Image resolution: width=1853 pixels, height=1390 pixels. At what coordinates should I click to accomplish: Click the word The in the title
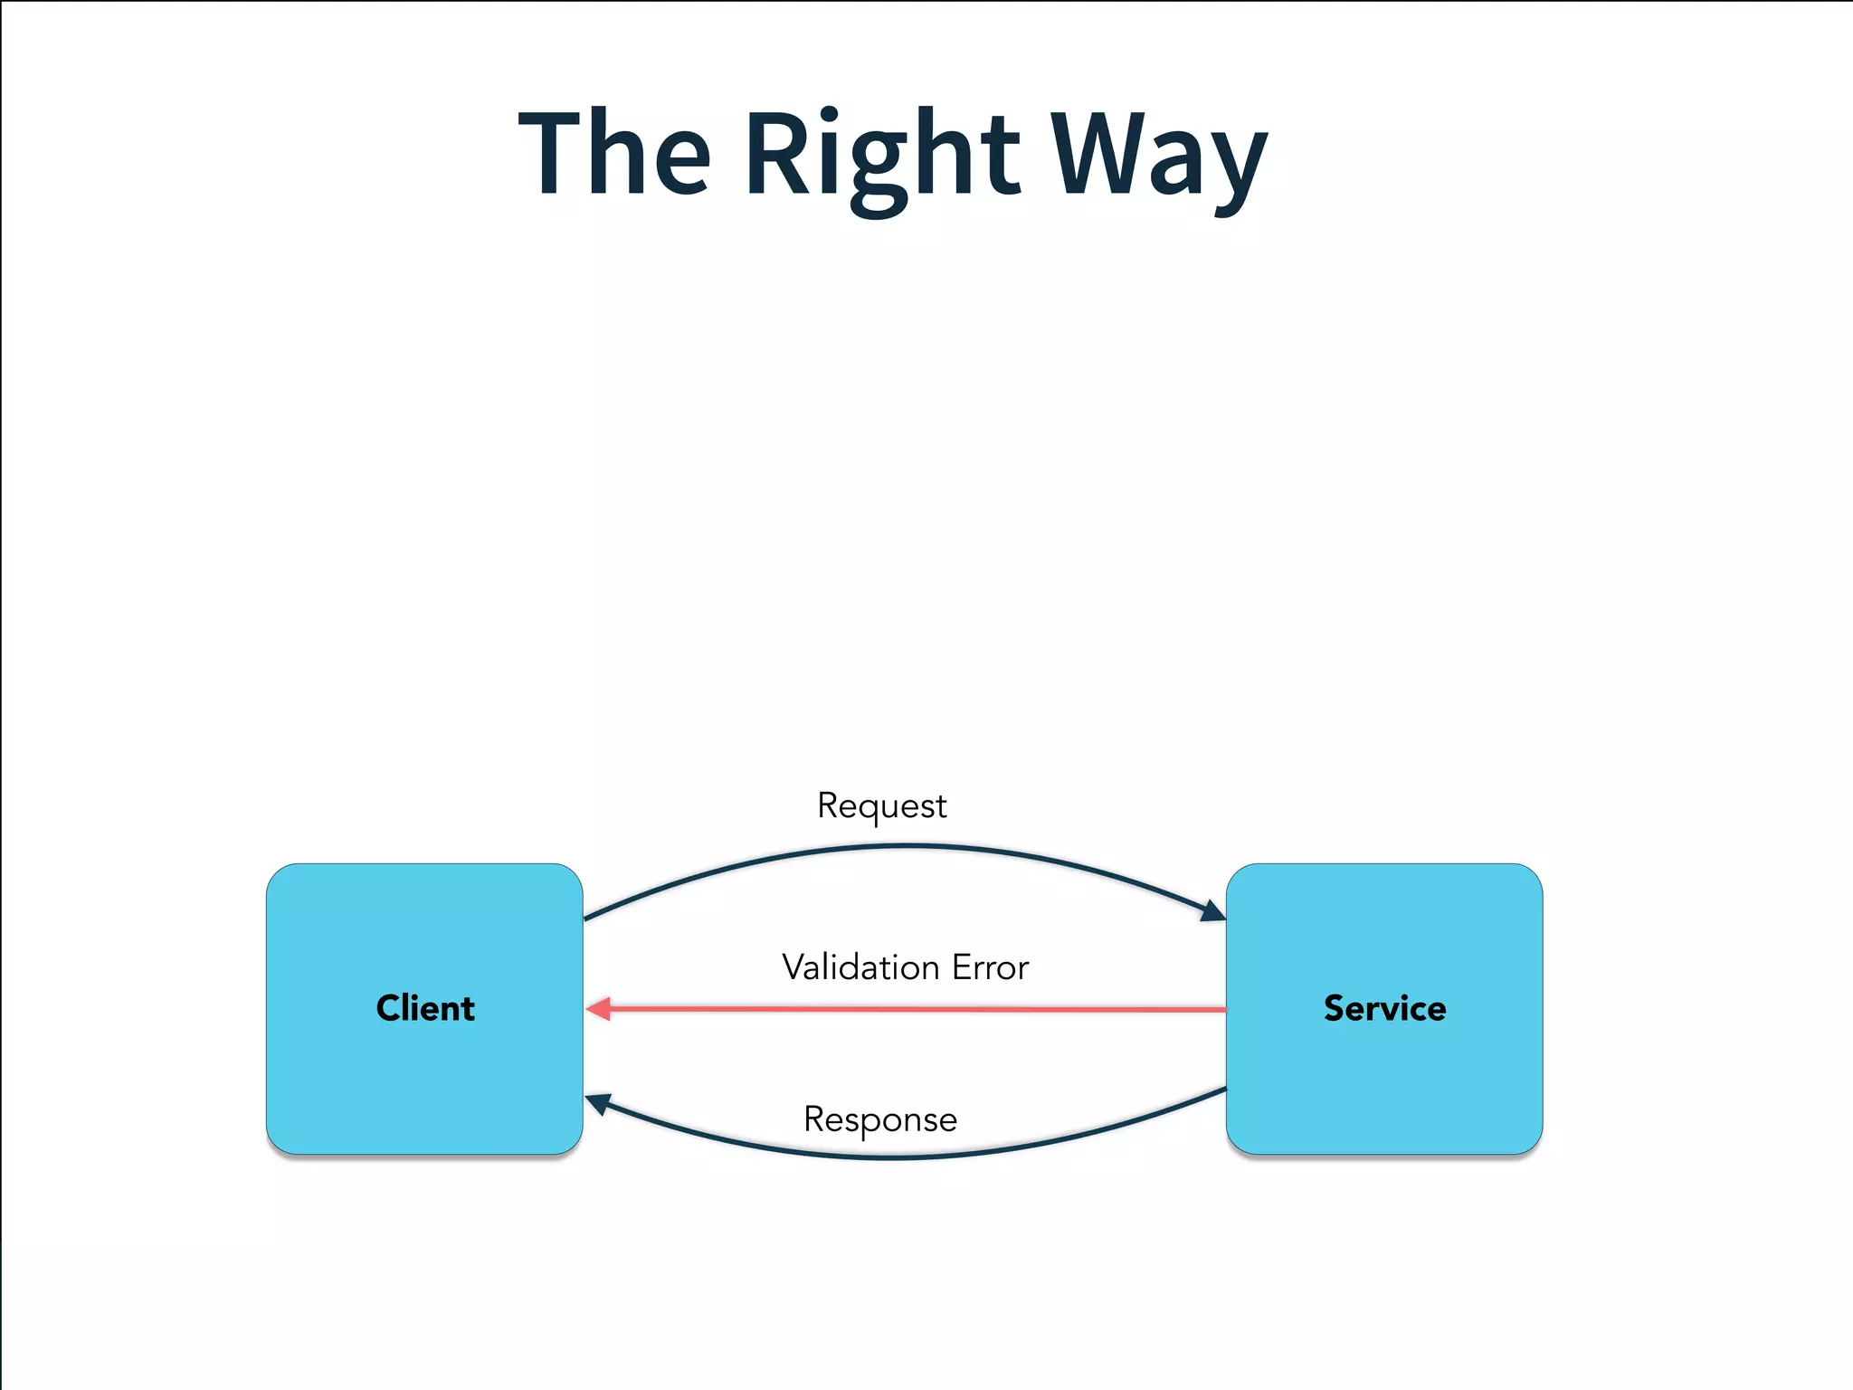pyautogui.click(x=614, y=152)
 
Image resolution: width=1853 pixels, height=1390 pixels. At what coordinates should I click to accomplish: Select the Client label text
pyautogui.click(x=425, y=1008)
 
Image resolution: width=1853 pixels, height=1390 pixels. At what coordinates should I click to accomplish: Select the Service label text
pyautogui.click(x=1384, y=1008)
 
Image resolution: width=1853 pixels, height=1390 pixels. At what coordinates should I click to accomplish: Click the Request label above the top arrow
pyautogui.click(x=881, y=805)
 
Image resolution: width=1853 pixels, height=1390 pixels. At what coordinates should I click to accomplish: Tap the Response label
pyautogui.click(x=879, y=1119)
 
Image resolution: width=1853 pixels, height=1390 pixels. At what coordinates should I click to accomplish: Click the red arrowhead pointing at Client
pyautogui.click(x=599, y=1008)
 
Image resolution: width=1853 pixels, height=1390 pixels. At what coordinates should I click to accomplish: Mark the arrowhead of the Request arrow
pyautogui.click(x=1212, y=910)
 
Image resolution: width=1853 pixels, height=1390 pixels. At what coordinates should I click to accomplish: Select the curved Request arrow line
pyautogui.click(x=905, y=846)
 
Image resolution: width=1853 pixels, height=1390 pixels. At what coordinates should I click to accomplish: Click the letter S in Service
pyautogui.click(x=1335, y=1008)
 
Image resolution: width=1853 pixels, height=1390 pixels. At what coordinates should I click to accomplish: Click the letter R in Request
pyautogui.click(x=828, y=804)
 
